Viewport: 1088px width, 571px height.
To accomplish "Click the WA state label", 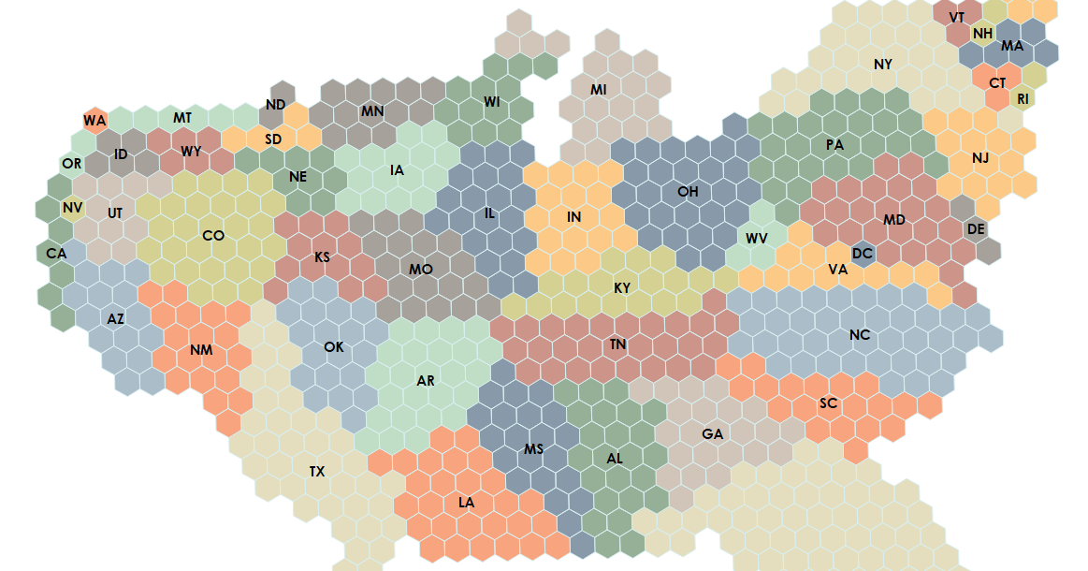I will tap(94, 121).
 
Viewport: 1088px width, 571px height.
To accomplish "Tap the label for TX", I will tap(317, 472).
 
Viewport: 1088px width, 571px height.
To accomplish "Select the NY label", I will tap(883, 65).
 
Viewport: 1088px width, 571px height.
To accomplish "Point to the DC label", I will tap(863, 254).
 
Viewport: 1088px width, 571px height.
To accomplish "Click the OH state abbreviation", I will tap(688, 192).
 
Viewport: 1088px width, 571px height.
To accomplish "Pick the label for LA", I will tap(467, 503).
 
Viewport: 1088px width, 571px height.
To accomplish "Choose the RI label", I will tap(1023, 98).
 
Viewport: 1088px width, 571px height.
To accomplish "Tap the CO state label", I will tap(213, 236).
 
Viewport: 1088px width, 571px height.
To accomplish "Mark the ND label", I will tap(275, 105).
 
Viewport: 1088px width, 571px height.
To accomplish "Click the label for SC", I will tap(828, 403).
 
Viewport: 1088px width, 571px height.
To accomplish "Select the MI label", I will tap(599, 90).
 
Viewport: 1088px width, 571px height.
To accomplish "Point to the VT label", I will tap(957, 18).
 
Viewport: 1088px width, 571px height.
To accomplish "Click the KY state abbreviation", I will tap(622, 288).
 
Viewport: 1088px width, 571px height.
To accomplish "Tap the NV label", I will tap(72, 207).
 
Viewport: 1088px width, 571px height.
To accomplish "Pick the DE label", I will tap(976, 229).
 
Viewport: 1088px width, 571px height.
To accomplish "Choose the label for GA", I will tap(713, 434).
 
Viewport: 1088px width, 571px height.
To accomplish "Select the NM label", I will tap(201, 351).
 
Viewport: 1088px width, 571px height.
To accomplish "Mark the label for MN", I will tap(372, 112).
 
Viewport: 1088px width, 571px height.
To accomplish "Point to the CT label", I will tap(998, 83).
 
